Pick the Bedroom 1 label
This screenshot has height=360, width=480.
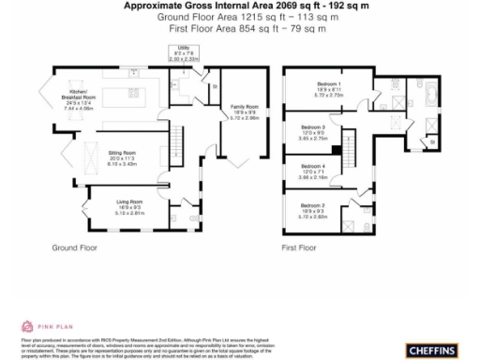[328, 89]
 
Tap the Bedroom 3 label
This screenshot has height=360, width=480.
[313, 131]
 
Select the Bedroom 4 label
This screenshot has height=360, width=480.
[313, 171]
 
